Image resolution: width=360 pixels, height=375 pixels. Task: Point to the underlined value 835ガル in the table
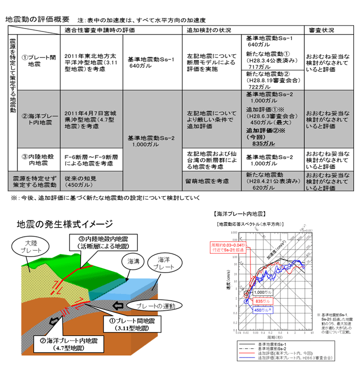pos(261,143)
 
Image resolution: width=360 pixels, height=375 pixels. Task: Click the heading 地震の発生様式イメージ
pos(65,223)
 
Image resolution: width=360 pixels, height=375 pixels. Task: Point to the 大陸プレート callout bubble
pos(33,246)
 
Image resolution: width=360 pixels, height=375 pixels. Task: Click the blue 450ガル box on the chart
pos(262,309)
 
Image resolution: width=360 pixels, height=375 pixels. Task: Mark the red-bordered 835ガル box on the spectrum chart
pos(262,301)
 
